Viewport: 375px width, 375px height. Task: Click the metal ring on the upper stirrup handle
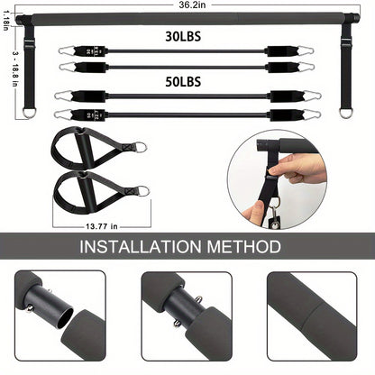[x=141, y=146]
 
